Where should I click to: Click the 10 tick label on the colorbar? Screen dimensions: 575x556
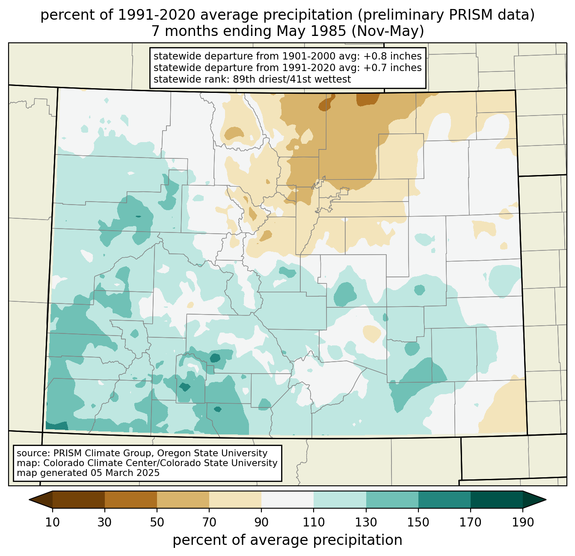pos(52,522)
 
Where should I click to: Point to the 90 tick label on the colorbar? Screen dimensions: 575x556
pos(261,522)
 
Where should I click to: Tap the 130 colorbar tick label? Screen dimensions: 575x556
pos(366,522)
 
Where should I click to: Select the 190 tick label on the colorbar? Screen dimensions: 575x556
pos(523,522)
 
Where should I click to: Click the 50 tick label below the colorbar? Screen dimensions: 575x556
pos(157,522)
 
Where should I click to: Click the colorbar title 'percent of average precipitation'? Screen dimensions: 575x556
pos(287,540)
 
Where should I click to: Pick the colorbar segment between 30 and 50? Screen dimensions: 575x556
pos(130,500)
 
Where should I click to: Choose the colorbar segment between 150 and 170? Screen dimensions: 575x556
pos(445,500)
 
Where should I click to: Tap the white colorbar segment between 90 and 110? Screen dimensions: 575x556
pos(287,500)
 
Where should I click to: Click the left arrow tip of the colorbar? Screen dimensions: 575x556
pos(29,500)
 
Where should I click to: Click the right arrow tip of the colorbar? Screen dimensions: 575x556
pos(546,500)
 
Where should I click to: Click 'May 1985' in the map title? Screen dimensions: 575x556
pos(311,31)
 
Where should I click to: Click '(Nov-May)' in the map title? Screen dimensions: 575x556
pos(388,31)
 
